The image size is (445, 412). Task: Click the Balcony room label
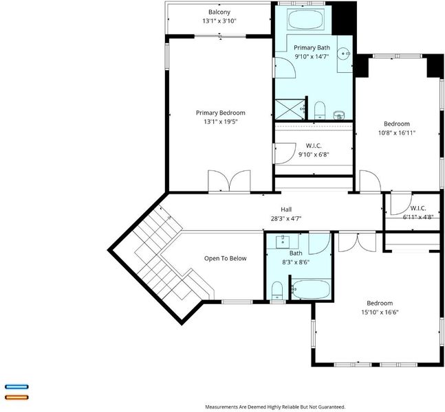(219, 12)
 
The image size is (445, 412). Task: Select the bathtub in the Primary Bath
(305, 19)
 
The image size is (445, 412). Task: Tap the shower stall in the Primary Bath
(290, 109)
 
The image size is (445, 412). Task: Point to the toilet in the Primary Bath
(320, 111)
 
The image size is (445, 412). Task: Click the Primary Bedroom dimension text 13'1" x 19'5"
(221, 122)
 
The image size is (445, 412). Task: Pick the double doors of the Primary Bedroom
(229, 181)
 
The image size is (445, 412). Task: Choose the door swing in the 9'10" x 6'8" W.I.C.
(285, 154)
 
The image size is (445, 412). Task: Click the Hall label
(286, 209)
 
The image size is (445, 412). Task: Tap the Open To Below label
(226, 258)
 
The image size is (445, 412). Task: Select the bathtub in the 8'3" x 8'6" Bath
(311, 289)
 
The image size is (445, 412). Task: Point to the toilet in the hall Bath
(277, 290)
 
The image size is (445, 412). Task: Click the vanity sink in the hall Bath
(283, 242)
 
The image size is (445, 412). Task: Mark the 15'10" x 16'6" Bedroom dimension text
(380, 312)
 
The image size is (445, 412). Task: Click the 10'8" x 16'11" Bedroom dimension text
(397, 133)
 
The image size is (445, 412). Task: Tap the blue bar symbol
(17, 387)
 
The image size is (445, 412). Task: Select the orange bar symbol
(17, 398)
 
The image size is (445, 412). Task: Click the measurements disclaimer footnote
(275, 407)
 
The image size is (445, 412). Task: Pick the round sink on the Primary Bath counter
(344, 53)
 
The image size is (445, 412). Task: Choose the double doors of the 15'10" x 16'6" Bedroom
(357, 242)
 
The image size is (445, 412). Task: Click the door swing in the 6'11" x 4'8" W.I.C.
(401, 204)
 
